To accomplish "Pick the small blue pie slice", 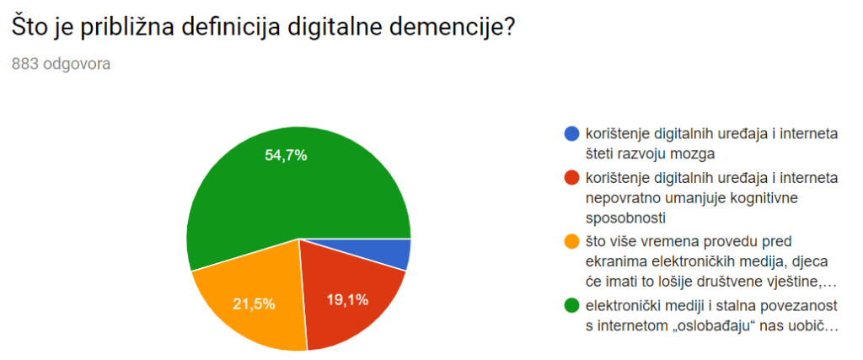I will point(397,254).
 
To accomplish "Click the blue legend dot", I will point(571,133).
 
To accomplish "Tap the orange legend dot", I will point(571,242).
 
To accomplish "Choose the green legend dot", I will point(571,304).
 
